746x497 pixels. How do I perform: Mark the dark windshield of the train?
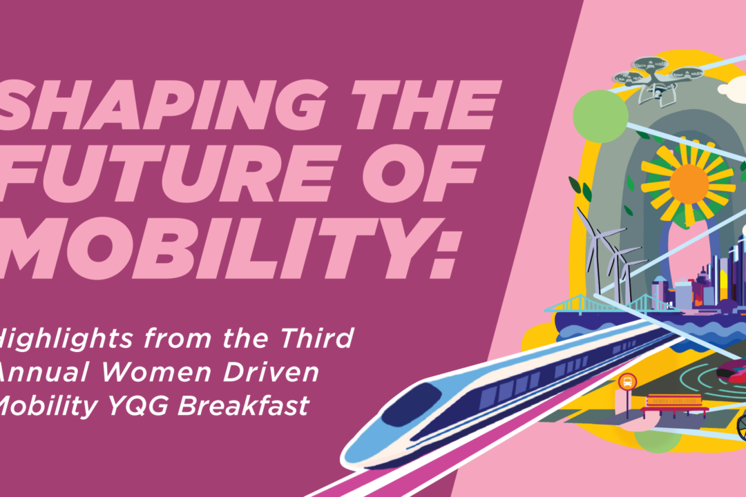(411, 404)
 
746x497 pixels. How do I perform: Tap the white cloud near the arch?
(732, 88)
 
